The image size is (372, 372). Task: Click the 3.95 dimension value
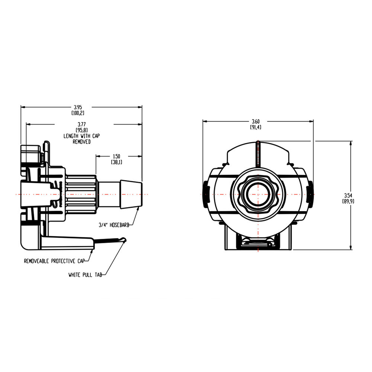pyautogui.click(x=78, y=107)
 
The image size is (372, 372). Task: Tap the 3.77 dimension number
pyautogui.click(x=81, y=124)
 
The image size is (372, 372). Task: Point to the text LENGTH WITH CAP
pyautogui.click(x=81, y=136)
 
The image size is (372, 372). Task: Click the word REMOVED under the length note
pyautogui.click(x=81, y=142)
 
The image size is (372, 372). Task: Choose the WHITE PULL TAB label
pyautogui.click(x=85, y=275)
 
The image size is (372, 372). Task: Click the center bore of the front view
pyautogui.click(x=258, y=195)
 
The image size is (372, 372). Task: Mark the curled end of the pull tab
pyautogui.click(x=125, y=241)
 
